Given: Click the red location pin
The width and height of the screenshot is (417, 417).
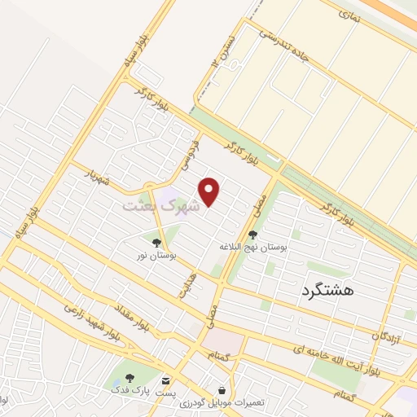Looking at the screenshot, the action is (210, 191).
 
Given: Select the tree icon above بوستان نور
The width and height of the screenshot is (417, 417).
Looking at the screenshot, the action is (156, 242).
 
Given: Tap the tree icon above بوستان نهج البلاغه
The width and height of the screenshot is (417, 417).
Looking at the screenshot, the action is (252, 234).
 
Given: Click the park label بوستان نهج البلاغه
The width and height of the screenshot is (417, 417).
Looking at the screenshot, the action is (252, 246).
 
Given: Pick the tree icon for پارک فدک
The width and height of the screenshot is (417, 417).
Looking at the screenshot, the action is (129, 379).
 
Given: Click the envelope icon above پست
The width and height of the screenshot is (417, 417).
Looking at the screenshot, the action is (166, 380).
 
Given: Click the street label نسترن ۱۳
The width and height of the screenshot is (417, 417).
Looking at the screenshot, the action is (221, 50).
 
